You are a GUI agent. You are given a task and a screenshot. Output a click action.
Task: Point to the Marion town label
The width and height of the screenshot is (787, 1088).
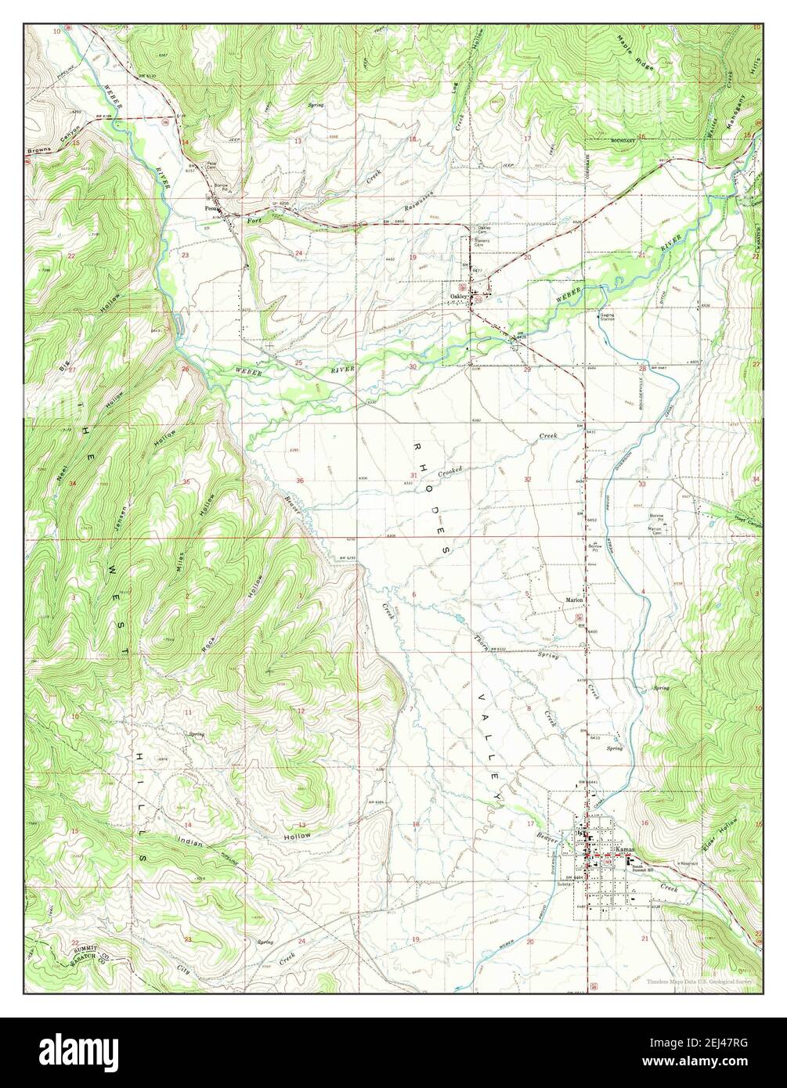574,600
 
